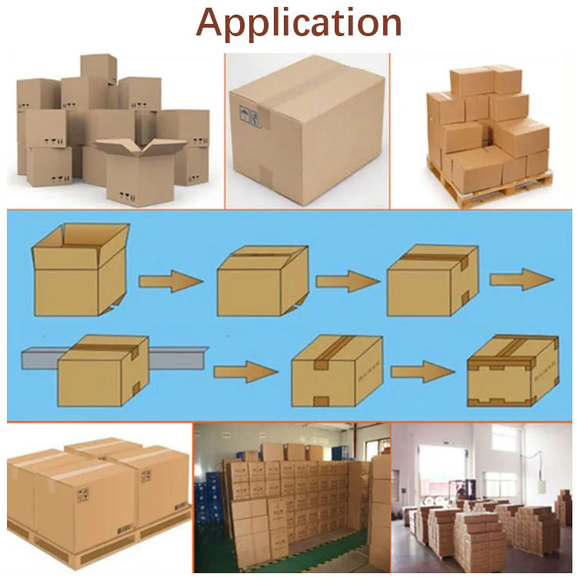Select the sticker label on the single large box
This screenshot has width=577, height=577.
247,115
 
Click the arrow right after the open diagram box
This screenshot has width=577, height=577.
171,282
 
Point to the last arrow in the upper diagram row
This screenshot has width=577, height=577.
521,278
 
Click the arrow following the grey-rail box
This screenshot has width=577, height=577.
245,373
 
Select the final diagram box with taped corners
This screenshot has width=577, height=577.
512,372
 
